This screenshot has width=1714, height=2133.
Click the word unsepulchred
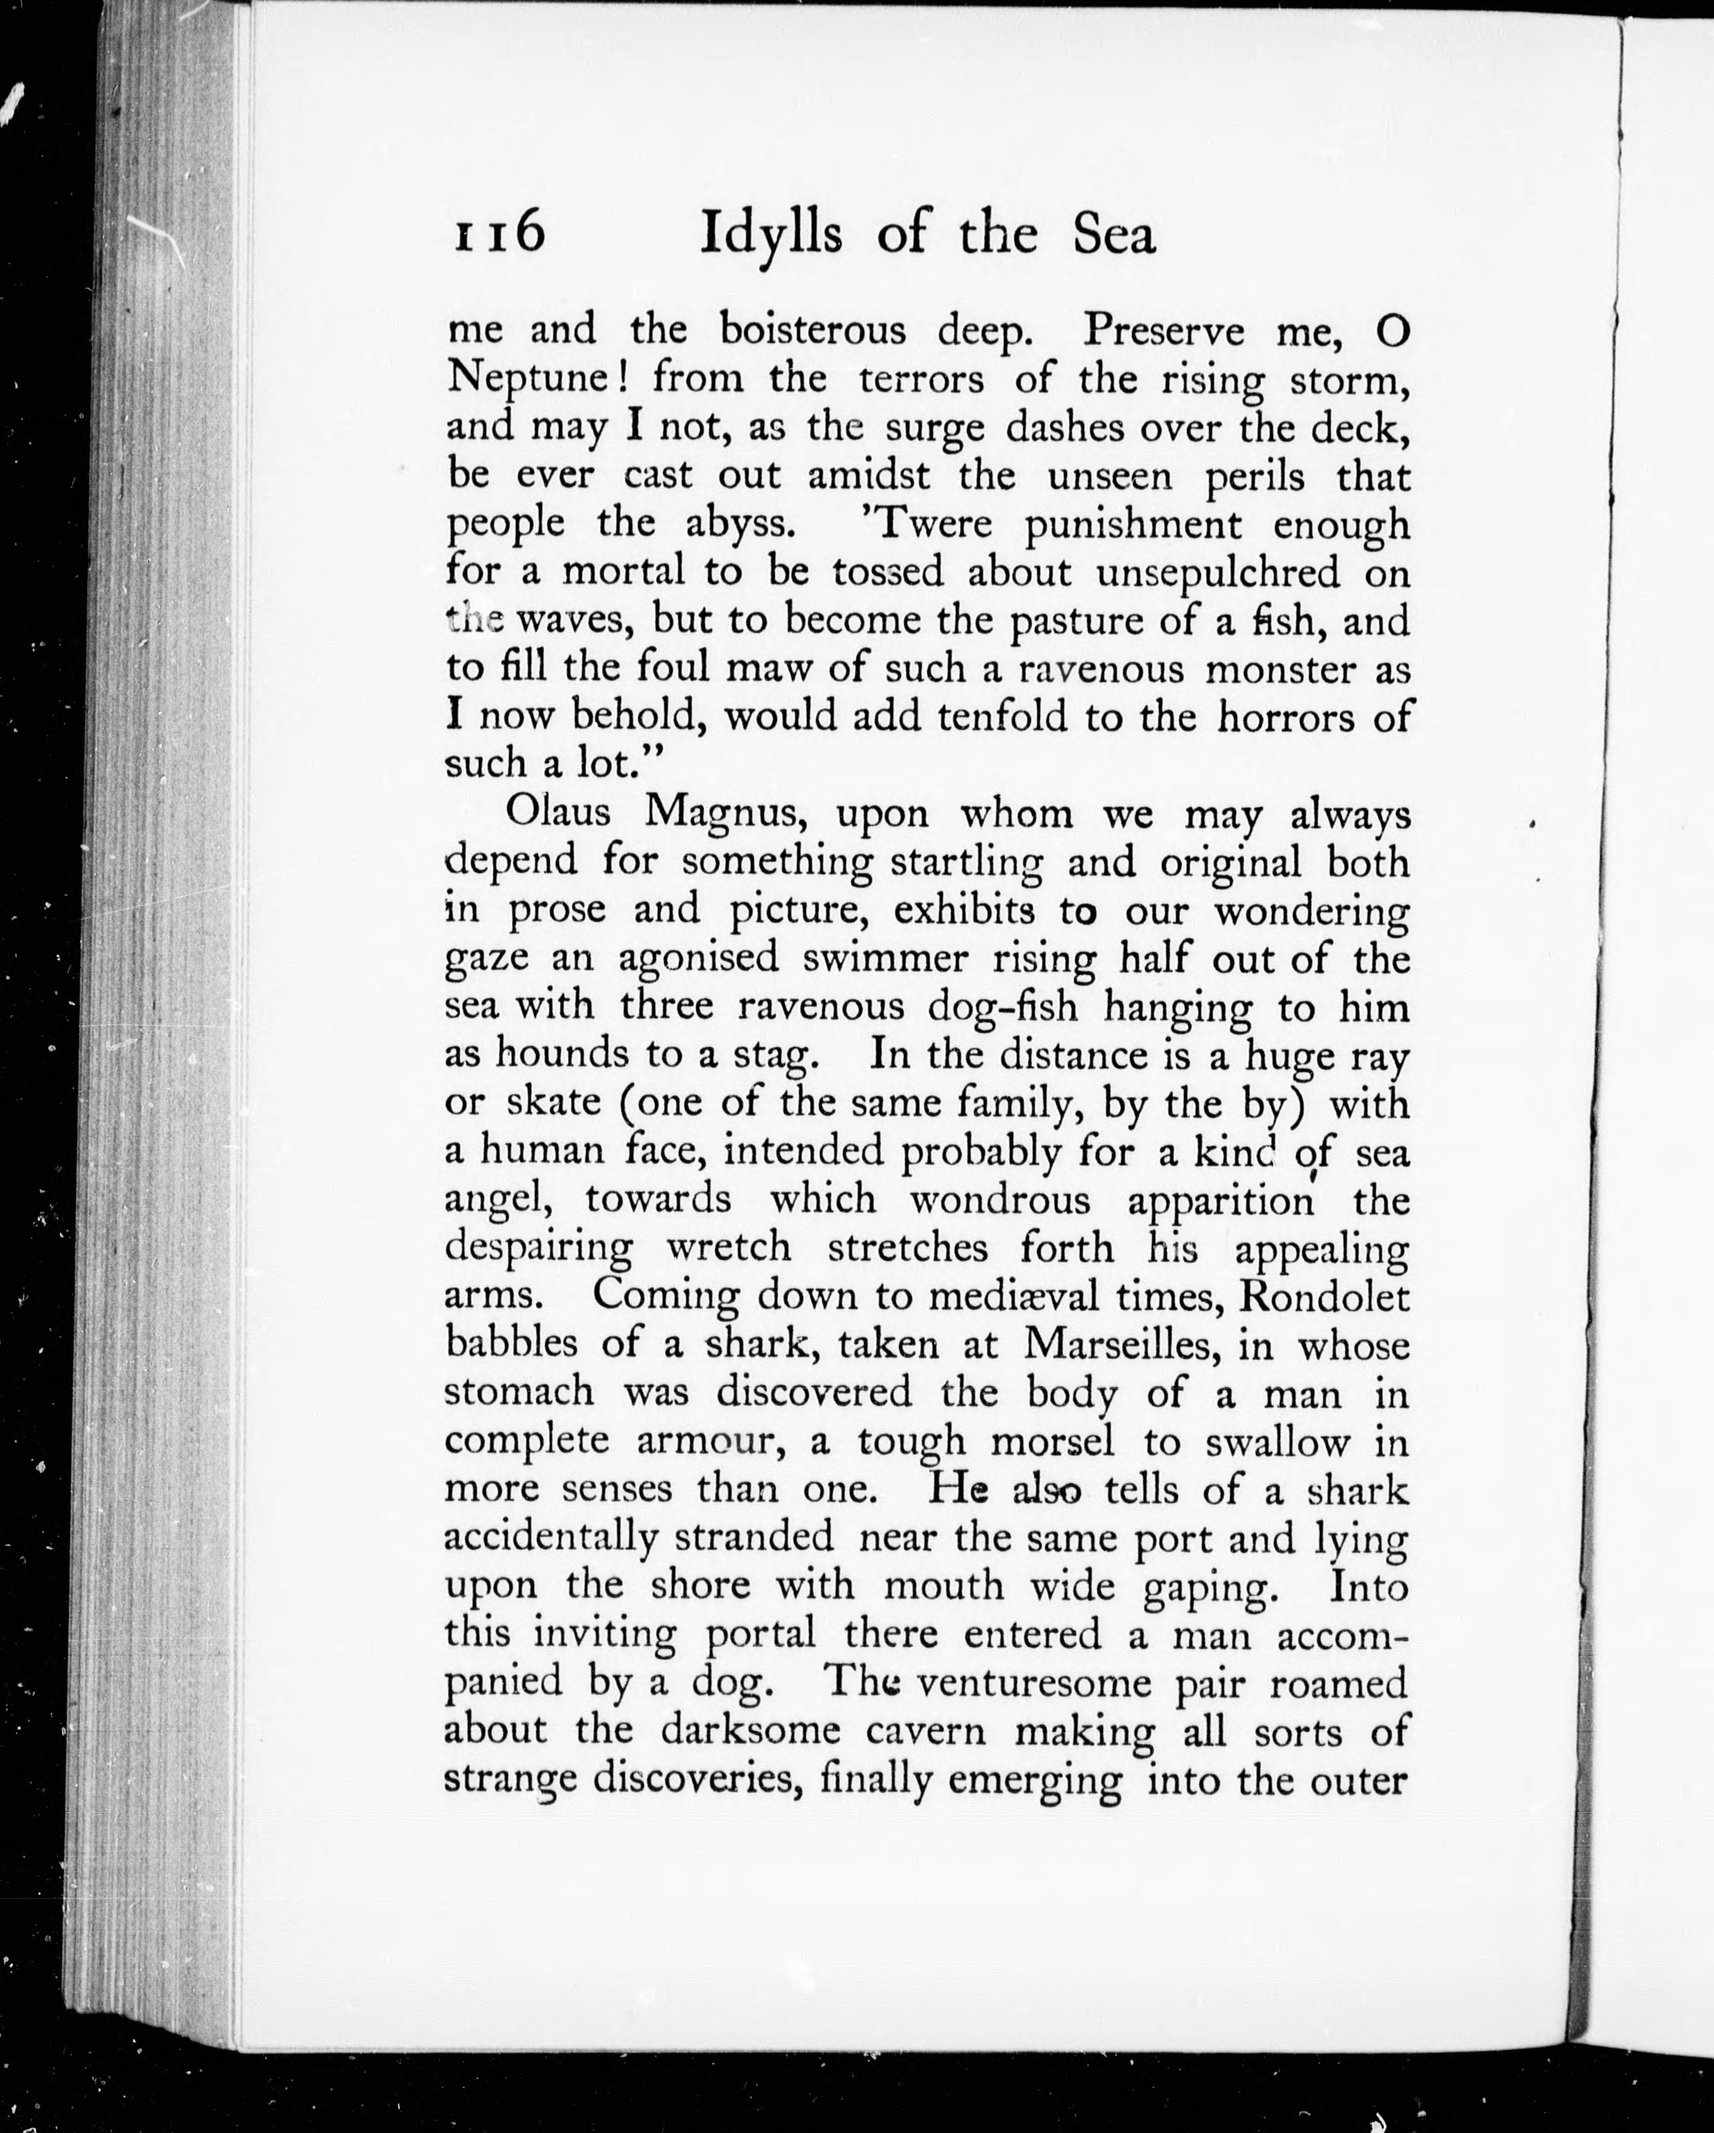[1218, 572]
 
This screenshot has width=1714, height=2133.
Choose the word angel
[496, 1201]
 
